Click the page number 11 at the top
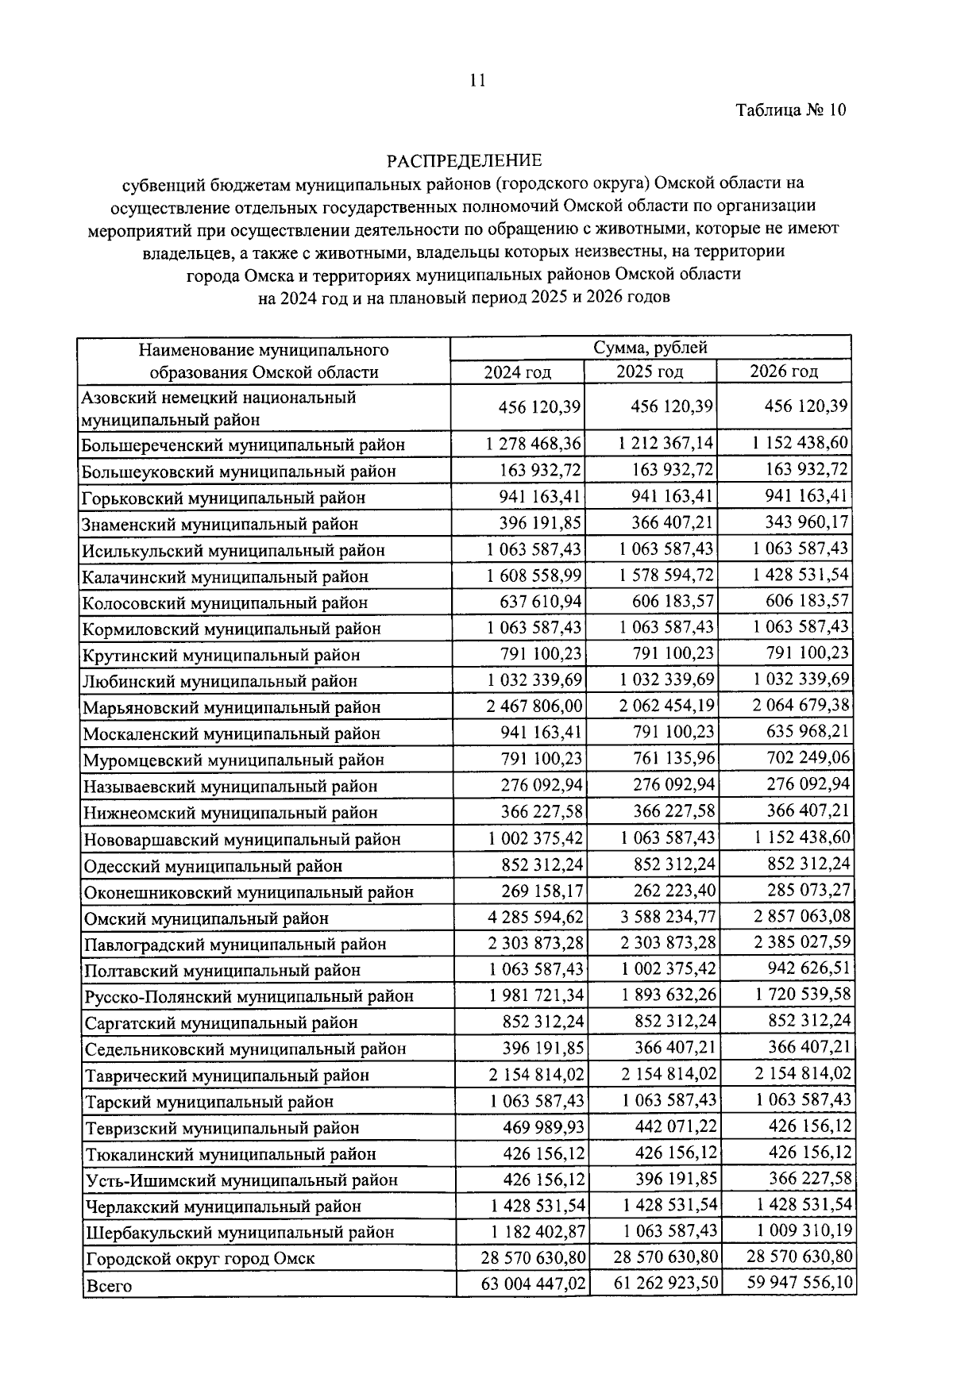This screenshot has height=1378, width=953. pyautogui.click(x=477, y=80)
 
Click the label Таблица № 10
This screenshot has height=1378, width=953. pyautogui.click(x=791, y=110)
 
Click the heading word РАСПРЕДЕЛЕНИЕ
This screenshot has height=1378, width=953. pyautogui.click(x=465, y=161)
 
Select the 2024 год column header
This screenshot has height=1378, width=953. pyautogui.click(x=518, y=372)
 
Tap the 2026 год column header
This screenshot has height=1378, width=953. pyautogui.click(x=784, y=371)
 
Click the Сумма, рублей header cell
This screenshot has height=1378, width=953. pyautogui.click(x=650, y=348)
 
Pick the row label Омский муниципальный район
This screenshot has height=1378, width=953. pyautogui.click(x=206, y=918)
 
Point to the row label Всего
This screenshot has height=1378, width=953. pyautogui.click(x=109, y=1286)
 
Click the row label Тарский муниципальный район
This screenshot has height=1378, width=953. pyautogui.click(x=208, y=1102)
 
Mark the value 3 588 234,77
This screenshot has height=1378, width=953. pyautogui.click(x=668, y=918)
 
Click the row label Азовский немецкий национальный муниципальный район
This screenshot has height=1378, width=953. pyautogui.click(x=219, y=408)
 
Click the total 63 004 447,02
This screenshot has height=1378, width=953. pyautogui.click(x=534, y=1284)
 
